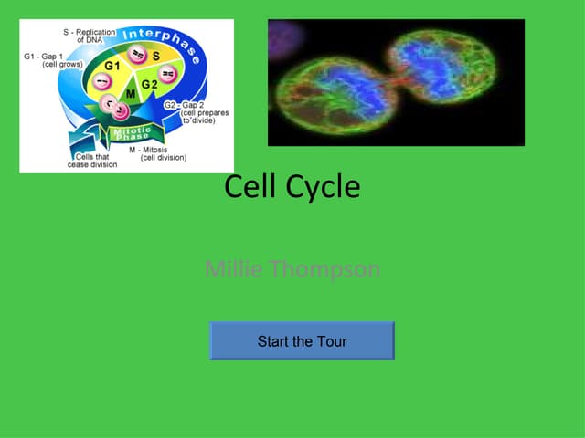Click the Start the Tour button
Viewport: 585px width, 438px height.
(x=302, y=341)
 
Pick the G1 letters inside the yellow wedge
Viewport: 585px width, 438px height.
(x=112, y=67)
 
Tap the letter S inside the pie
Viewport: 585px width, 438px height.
(x=156, y=57)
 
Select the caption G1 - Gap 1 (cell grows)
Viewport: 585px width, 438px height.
(x=52, y=60)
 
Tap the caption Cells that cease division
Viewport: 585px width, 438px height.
(x=90, y=162)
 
